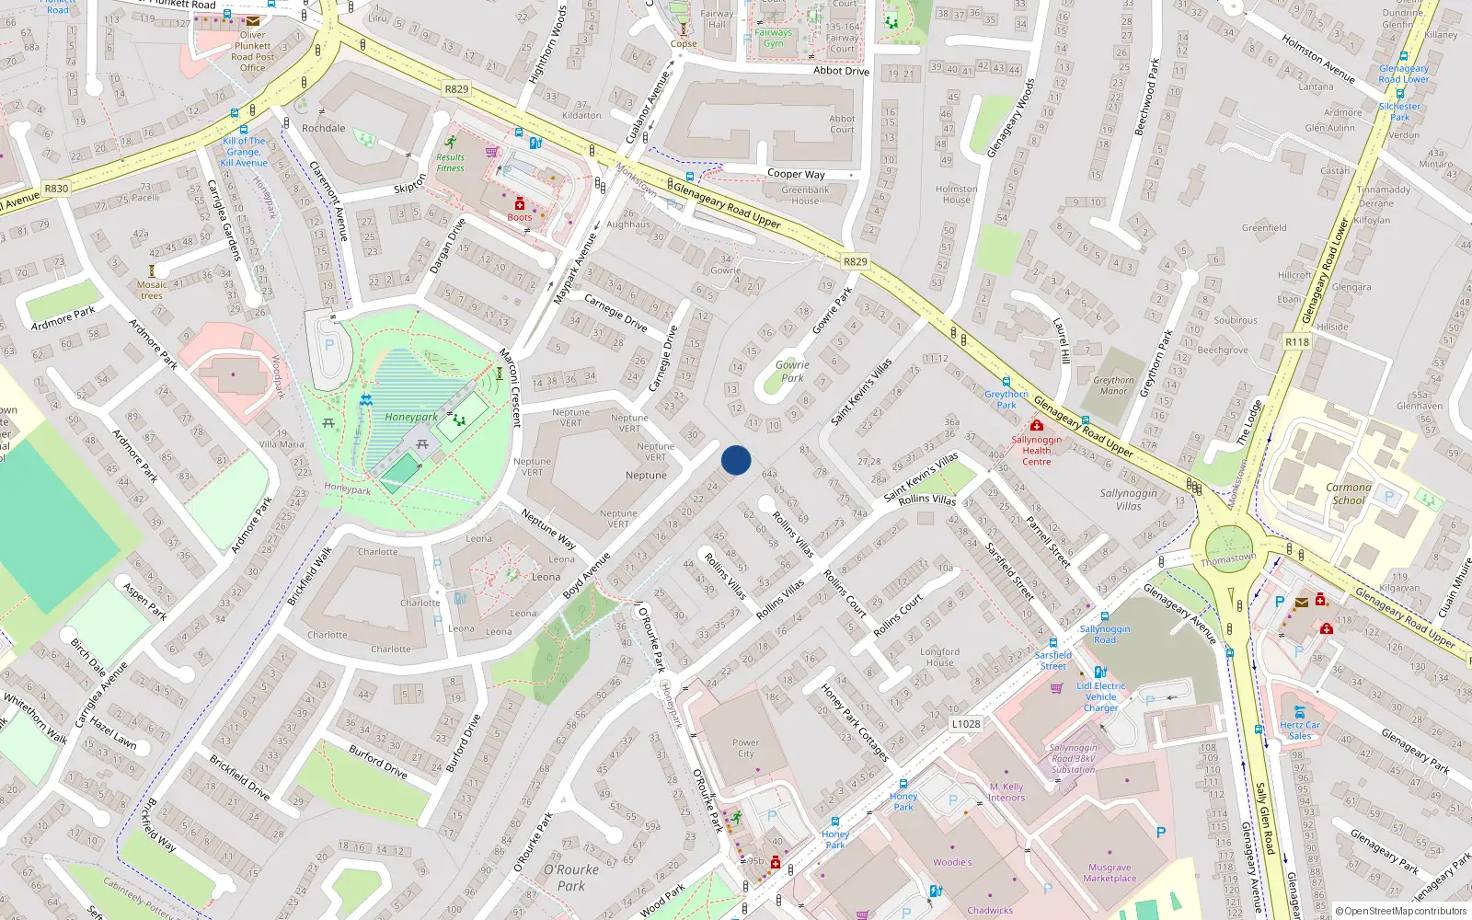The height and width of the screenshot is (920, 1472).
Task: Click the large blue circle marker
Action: point(736,460)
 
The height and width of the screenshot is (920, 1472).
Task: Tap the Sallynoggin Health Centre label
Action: point(1036,451)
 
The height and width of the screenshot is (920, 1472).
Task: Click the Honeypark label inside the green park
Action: point(411,417)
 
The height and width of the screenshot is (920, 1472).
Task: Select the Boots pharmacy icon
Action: point(519,203)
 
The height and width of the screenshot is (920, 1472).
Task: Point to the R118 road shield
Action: point(1297,341)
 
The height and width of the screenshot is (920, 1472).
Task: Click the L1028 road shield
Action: point(965,724)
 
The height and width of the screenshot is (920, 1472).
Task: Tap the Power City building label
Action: point(746,748)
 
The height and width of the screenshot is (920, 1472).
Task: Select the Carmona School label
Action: point(1348,494)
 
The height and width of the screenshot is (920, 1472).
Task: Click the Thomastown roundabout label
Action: point(1228,559)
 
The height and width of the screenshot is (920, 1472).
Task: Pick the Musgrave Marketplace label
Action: point(1110,872)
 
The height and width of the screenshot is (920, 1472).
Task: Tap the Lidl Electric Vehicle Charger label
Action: point(1101,696)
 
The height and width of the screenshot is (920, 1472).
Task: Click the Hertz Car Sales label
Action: point(1300,730)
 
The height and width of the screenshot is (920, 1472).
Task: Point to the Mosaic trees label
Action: point(152,290)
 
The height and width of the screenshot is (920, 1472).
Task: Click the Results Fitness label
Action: point(450,163)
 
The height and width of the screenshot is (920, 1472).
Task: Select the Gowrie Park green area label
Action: point(792,371)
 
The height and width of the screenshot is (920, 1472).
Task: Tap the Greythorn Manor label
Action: point(1113,385)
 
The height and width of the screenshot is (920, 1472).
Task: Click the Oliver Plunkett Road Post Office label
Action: point(252,52)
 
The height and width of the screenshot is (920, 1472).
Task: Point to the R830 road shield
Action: point(56,189)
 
